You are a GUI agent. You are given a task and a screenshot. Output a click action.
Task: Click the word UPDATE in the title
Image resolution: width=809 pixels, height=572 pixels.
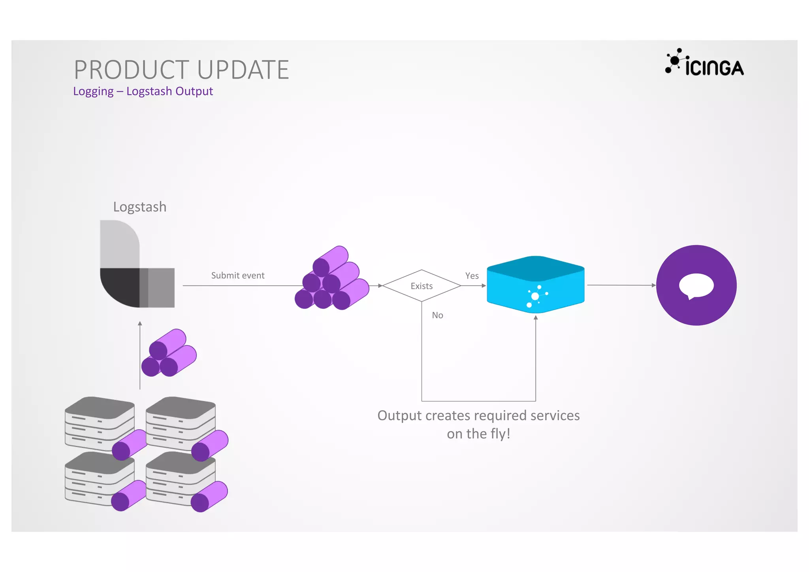243,70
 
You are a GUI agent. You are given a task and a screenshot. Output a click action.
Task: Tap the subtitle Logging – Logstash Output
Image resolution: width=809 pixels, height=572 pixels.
143,91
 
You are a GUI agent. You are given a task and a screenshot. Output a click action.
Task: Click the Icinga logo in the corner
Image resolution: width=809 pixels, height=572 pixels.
704,63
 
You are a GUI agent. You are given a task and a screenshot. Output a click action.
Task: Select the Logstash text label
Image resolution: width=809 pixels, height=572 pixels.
139,207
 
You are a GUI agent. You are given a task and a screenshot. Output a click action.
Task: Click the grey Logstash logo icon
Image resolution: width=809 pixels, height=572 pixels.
137,264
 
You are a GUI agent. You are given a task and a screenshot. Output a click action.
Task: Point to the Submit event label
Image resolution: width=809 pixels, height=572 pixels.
237,276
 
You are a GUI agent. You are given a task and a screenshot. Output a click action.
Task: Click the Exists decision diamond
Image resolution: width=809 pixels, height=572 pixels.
421,286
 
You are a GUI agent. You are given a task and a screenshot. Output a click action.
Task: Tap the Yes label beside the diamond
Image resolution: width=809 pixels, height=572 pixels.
472,276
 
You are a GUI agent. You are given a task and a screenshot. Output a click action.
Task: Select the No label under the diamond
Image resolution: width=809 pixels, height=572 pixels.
437,315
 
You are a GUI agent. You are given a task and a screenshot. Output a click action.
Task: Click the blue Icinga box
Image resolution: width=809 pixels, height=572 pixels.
535,285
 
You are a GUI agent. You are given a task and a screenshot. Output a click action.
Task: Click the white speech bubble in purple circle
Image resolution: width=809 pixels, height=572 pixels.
696,285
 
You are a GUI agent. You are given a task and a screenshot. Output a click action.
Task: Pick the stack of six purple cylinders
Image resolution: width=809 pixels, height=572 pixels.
332,279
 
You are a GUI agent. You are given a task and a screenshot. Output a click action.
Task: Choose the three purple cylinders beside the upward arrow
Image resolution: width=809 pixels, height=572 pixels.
169,353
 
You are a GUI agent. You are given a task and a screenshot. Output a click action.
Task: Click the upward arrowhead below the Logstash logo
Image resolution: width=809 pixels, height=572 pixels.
140,324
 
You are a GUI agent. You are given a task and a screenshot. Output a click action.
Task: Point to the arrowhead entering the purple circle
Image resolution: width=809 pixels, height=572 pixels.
653,285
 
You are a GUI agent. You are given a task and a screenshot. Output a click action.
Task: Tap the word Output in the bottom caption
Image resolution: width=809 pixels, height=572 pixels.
400,416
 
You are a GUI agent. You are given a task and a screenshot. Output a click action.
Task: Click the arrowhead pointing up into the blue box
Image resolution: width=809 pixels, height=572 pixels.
536,317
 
